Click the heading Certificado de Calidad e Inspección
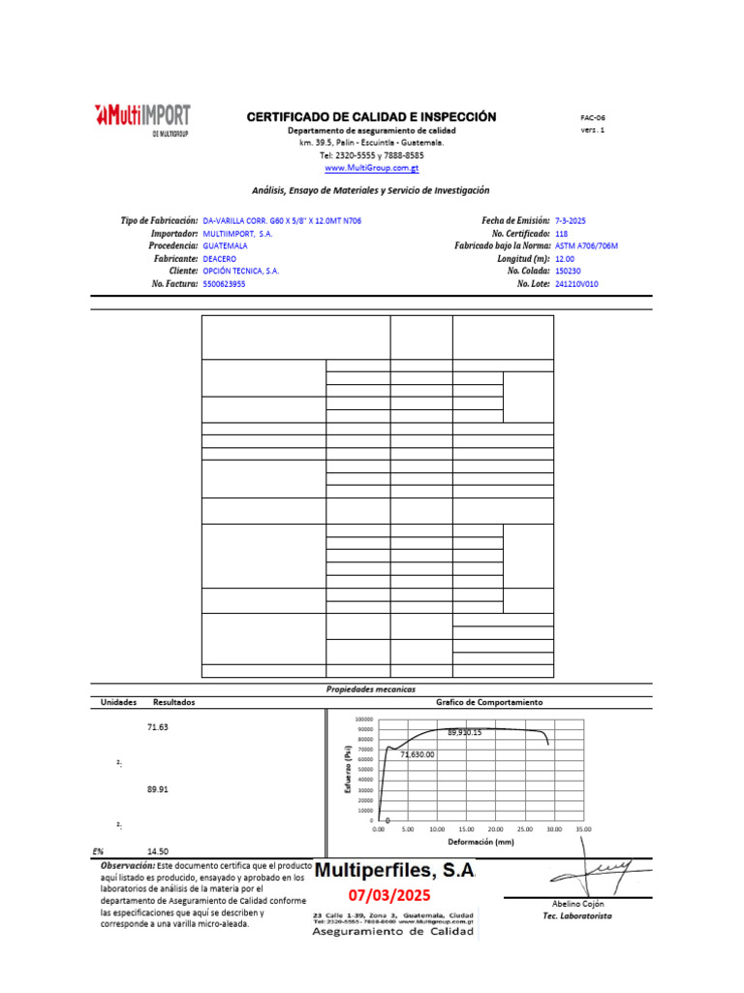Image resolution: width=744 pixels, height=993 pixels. pos(371,117)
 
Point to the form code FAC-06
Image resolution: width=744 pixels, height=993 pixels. pos(592,117)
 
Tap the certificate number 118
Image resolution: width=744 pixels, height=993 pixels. pos(563,234)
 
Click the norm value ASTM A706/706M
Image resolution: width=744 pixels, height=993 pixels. pos(586,246)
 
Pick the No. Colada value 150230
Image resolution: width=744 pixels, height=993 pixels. pos(570,272)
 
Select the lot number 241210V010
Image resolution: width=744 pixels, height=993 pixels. pos(578,284)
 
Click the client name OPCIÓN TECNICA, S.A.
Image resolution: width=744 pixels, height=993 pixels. pos(240,272)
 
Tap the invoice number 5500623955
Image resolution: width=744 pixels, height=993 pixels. pos(224,284)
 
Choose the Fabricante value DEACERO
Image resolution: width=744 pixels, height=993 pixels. pos(219,259)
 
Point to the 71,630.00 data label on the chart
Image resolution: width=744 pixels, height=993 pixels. pos(417,753)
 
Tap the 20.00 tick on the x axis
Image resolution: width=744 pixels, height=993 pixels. pos(495,830)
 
